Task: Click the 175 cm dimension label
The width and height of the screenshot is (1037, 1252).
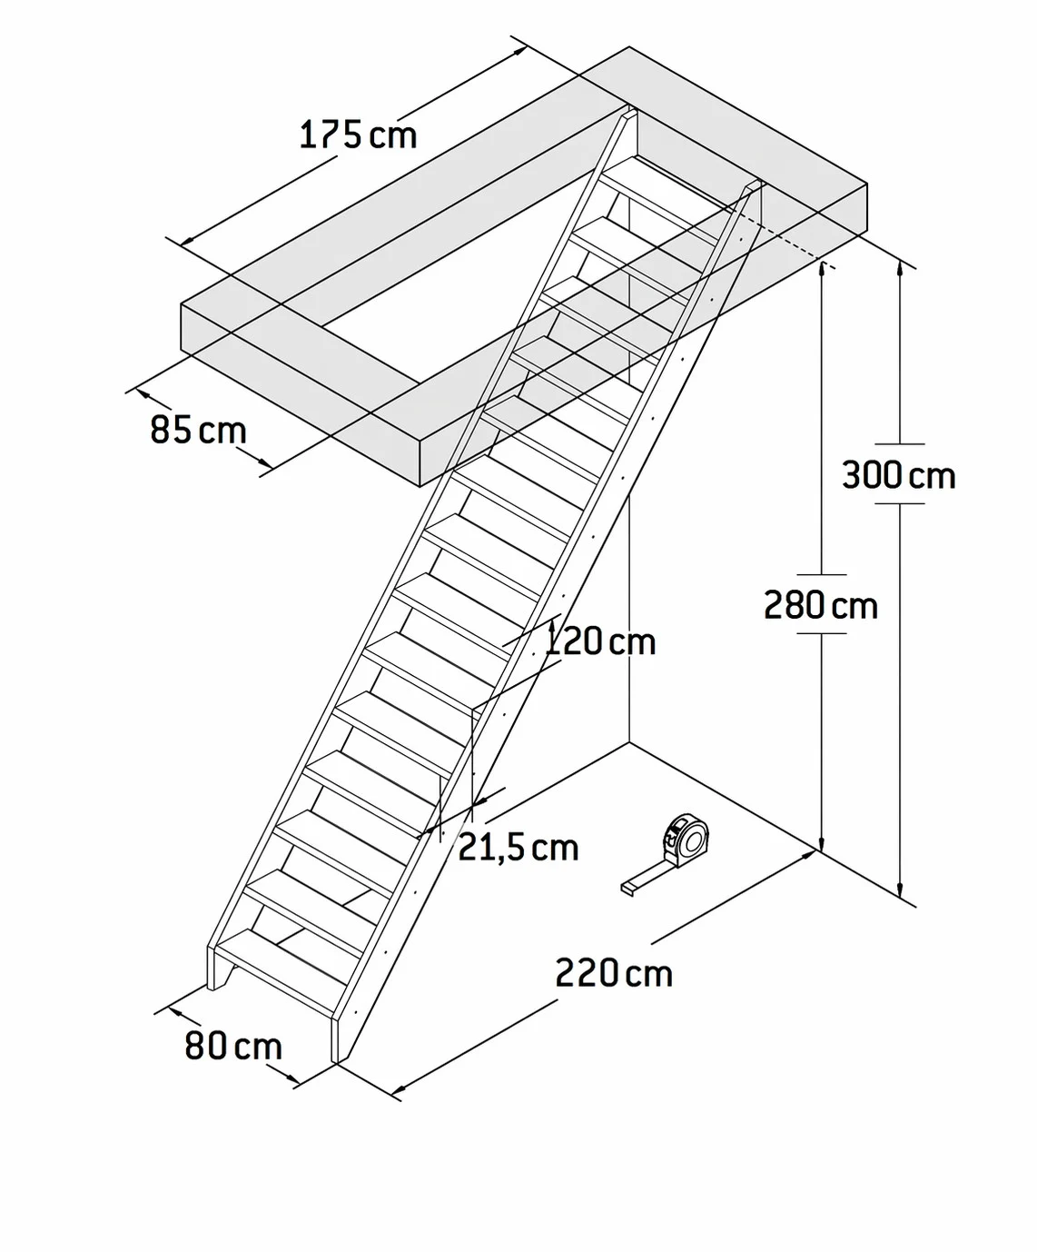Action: pos(358,134)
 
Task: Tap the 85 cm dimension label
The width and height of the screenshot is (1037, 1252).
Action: pos(198,430)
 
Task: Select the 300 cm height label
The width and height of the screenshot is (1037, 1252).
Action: pos(899,475)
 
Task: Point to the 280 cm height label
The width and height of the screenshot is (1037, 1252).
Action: pos(821,605)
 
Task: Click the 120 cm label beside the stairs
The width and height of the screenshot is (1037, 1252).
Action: pos(599,641)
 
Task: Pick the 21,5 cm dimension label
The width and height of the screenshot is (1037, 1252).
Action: pos(518,848)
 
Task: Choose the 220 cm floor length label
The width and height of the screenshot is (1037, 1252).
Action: pos(614,972)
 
